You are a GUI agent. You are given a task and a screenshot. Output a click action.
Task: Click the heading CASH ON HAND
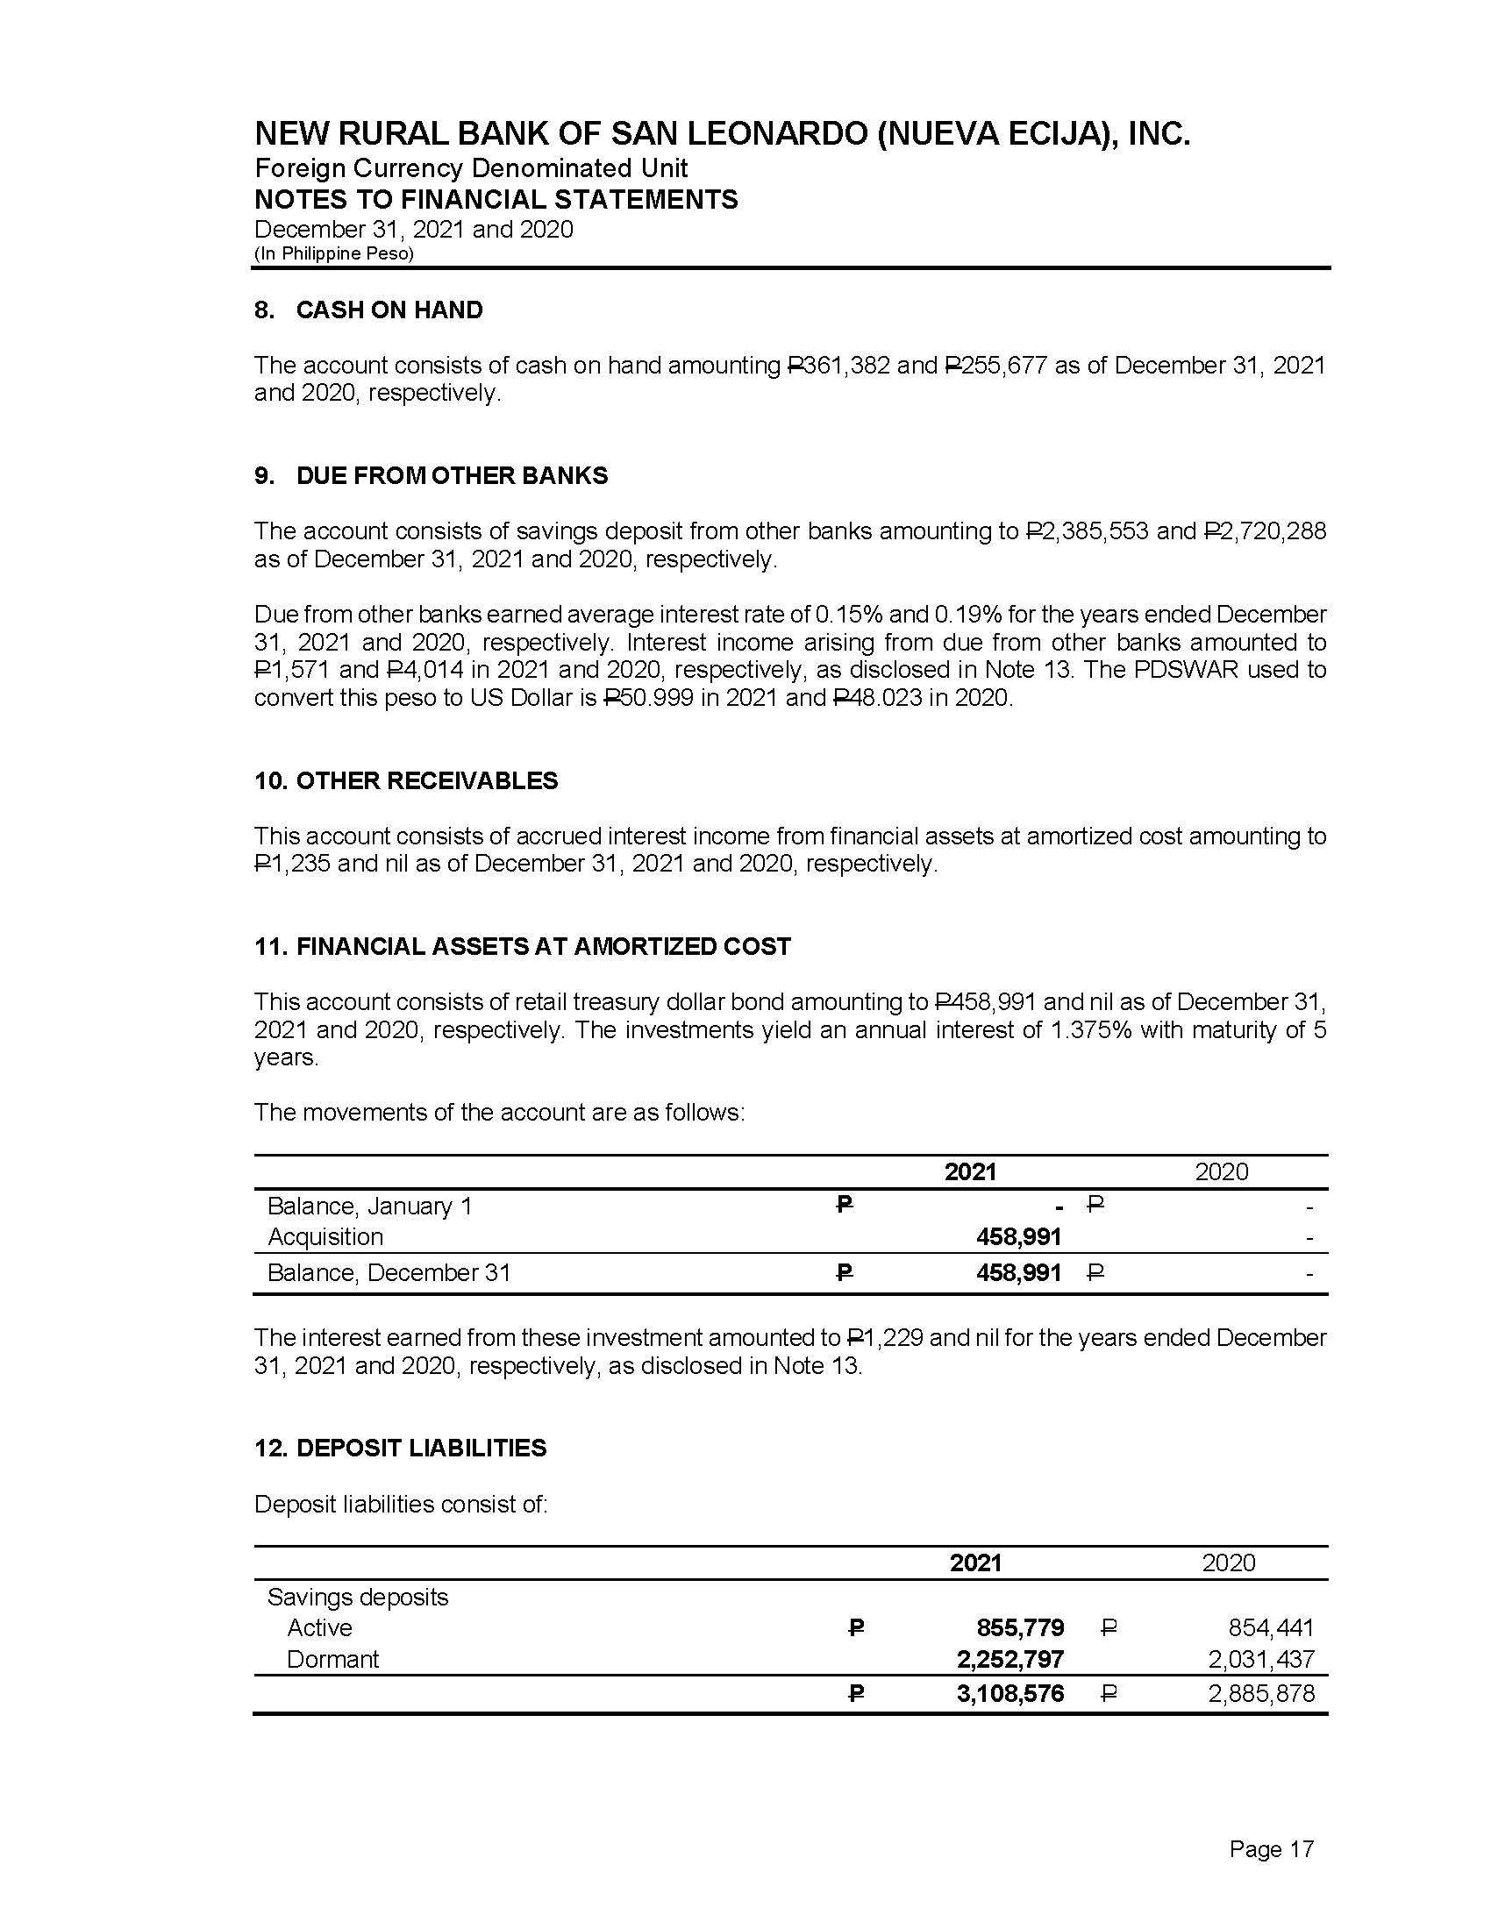click(389, 310)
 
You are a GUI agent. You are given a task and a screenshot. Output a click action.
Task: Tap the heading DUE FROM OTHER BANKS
click(452, 476)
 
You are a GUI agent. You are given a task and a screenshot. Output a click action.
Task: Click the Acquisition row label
click(325, 1237)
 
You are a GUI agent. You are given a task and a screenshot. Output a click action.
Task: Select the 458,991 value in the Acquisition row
click(1017, 1237)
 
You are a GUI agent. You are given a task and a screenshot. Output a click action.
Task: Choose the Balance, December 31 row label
click(389, 1273)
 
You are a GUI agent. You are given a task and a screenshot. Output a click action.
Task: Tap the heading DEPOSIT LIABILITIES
click(421, 1449)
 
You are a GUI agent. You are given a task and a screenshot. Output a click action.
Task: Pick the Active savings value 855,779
click(1019, 1628)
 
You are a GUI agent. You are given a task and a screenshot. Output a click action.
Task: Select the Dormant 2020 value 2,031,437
click(1260, 1660)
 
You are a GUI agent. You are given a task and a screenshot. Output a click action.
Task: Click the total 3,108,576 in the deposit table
click(1009, 1694)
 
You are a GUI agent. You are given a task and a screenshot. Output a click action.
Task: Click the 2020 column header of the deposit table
click(1228, 1563)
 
